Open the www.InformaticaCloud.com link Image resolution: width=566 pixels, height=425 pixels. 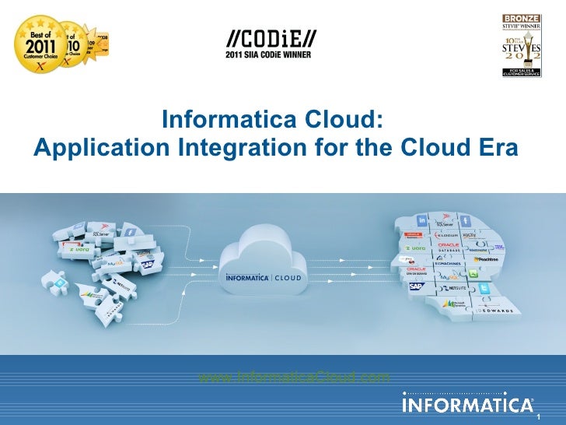(x=294, y=378)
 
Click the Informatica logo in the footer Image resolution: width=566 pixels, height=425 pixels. (x=467, y=406)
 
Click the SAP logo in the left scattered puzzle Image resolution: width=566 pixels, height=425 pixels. (x=147, y=265)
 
